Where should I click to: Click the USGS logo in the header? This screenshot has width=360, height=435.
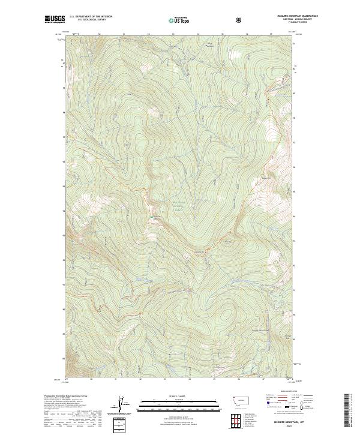[55, 20]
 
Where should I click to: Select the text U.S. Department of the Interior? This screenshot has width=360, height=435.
[91, 17]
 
